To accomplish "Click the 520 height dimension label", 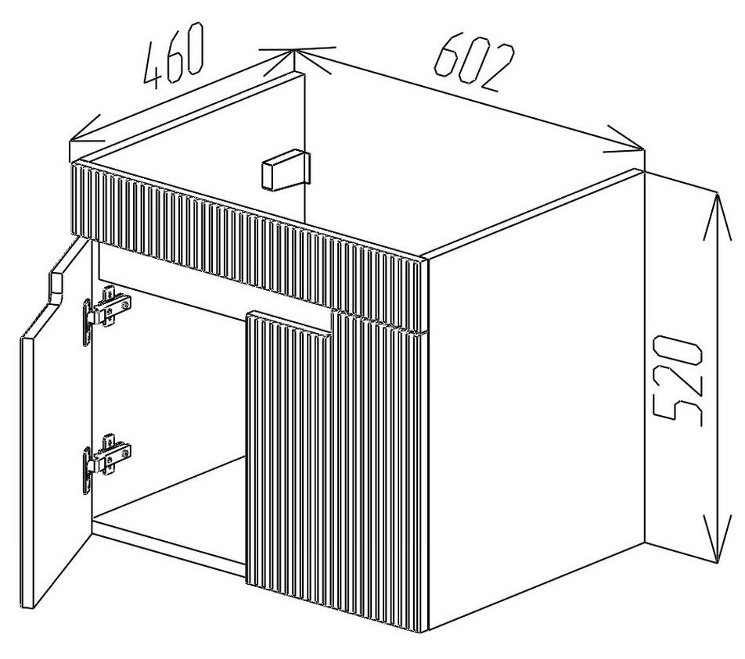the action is pos(677,379).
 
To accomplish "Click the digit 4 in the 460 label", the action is pos(157,66).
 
